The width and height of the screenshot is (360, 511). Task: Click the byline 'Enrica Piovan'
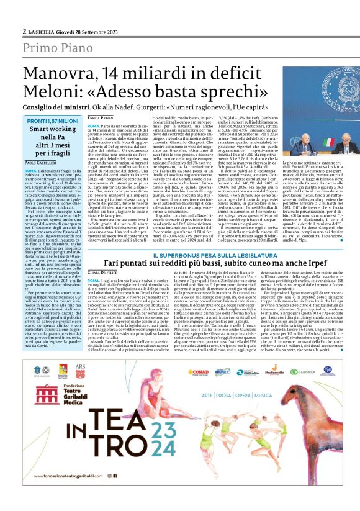point(101,117)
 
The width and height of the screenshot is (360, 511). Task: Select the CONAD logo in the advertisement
point(198,373)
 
